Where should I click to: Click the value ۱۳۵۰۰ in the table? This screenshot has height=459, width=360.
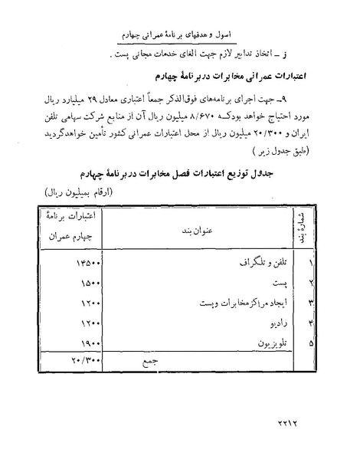coord(86,262)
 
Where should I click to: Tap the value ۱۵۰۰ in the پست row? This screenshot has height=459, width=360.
coord(89,282)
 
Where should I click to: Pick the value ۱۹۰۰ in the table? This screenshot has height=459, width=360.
coord(89,343)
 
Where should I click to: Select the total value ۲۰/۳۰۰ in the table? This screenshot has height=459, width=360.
coord(86,359)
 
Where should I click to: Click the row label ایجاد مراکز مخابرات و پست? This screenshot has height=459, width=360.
coord(237,302)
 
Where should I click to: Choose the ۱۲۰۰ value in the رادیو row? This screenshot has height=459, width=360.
coord(89,323)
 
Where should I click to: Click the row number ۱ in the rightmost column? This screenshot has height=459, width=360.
coord(290,262)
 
